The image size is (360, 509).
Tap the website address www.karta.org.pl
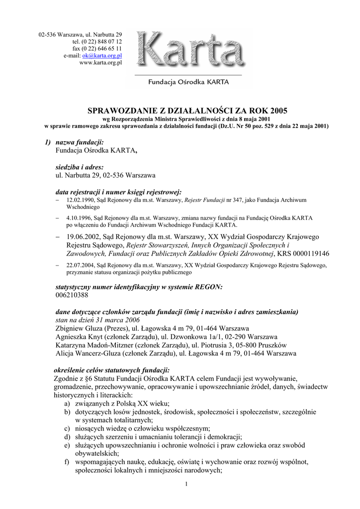tap(100, 63)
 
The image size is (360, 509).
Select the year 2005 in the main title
tap(277, 110)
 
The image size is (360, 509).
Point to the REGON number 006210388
tap(72, 295)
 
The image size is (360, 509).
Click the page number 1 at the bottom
tap(184, 484)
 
